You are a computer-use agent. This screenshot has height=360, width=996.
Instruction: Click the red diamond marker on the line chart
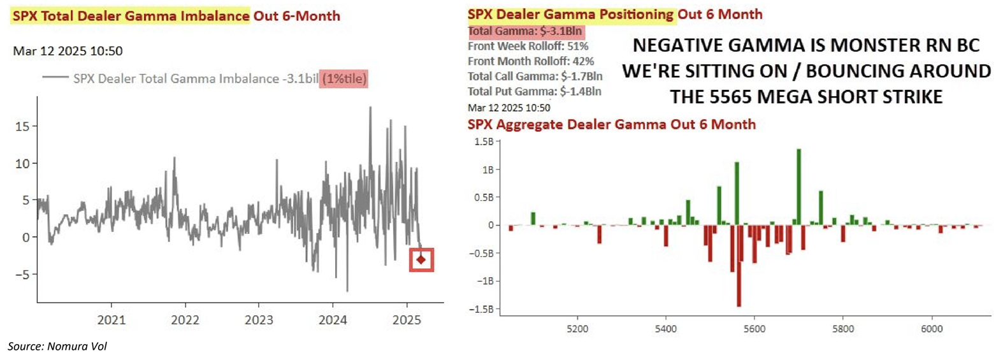[x=421, y=259]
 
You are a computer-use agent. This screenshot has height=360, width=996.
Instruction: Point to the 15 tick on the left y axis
[x=23, y=126]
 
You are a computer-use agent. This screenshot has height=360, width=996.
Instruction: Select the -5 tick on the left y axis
[x=21, y=274]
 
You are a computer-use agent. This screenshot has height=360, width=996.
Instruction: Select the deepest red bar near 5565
[x=739, y=266]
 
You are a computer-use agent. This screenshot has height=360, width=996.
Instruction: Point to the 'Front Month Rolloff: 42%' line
[x=531, y=62]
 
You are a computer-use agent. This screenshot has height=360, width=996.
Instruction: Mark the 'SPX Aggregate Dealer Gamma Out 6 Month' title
[x=612, y=124]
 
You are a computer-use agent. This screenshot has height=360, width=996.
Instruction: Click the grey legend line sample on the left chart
[x=55, y=78]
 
